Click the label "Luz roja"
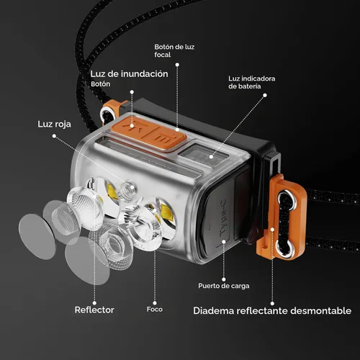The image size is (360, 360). (54, 124)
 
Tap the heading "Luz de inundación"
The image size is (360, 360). (129, 73)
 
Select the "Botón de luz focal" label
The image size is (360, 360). (174, 50)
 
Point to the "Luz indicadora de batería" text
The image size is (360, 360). (252, 82)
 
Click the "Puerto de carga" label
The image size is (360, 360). (224, 286)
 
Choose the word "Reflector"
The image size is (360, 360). (94, 310)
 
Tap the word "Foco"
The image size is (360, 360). (155, 310)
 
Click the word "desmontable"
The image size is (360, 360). (321, 310)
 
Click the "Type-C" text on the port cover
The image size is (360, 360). (222, 217)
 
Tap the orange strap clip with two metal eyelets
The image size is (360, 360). (282, 217)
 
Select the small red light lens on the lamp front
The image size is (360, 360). (128, 188)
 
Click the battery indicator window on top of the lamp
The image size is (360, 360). (204, 155)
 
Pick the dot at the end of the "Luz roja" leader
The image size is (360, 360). (54, 136)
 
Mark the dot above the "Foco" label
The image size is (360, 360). (155, 303)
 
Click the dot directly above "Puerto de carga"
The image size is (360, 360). (224, 279)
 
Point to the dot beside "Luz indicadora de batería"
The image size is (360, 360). (265, 95)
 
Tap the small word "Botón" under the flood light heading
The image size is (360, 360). (101, 84)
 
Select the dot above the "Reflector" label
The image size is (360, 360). (94, 303)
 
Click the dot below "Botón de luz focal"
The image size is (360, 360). (177, 65)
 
